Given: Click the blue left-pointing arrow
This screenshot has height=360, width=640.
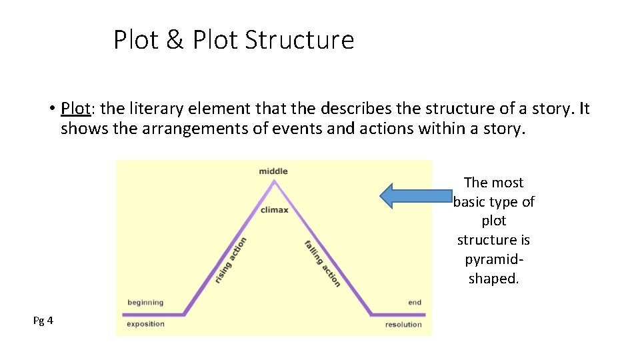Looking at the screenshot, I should (415, 195).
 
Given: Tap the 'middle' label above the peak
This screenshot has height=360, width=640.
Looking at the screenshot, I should (273, 171).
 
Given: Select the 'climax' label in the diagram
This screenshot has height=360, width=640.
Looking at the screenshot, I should (274, 210).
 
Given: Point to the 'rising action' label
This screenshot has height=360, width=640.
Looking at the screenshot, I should (231, 261).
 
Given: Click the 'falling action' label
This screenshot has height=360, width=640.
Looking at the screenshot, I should (323, 263).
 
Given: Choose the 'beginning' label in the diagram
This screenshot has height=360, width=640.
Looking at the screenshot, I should (145, 303).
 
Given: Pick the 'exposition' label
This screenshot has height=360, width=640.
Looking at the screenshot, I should (145, 324).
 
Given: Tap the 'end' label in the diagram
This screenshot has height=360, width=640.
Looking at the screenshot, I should (415, 303).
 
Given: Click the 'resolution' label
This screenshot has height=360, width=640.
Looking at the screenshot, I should (403, 325).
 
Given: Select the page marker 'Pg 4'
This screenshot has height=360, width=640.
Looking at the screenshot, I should (43, 321).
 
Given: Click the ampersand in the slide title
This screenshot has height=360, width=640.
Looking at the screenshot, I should (175, 40).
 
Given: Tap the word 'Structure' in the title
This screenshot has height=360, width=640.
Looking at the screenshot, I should (299, 40).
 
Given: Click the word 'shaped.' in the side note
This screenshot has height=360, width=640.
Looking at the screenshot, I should (493, 279).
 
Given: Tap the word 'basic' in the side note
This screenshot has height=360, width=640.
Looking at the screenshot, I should (474, 201).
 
